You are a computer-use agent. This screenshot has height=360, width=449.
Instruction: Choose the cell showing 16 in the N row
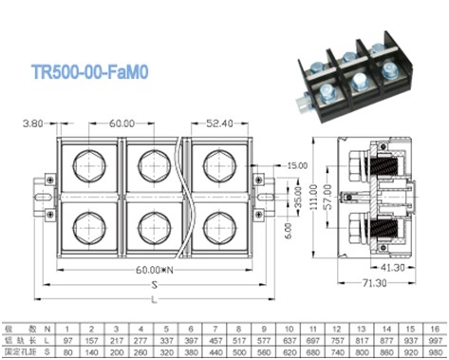[x=435, y=327]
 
